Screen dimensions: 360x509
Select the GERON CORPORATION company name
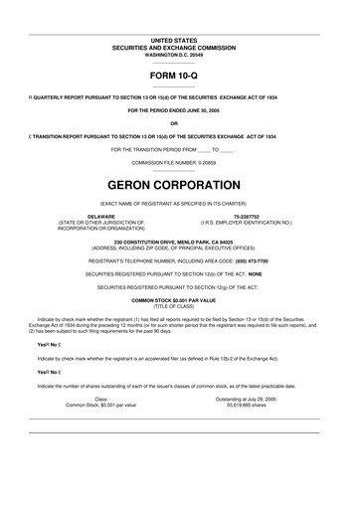pos(180,185)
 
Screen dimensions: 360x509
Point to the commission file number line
pos(180,161)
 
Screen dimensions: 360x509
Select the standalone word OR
pos(180,122)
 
